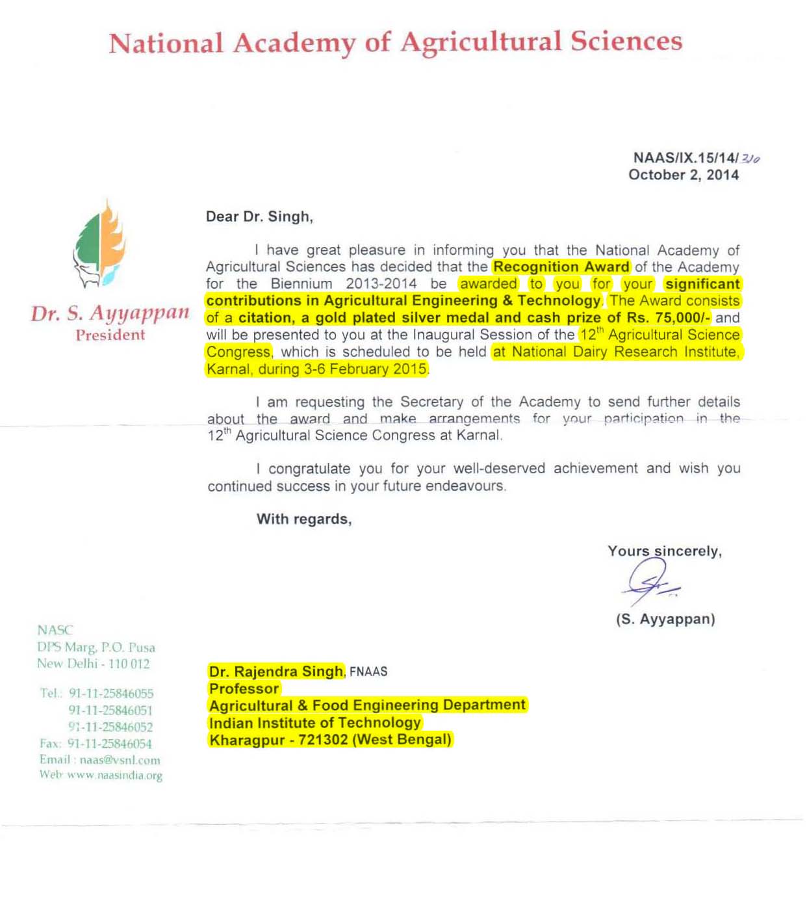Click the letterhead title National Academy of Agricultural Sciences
[x=395, y=43]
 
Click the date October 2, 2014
[x=683, y=175]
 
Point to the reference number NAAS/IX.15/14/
[x=685, y=158]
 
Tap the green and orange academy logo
[x=99, y=244]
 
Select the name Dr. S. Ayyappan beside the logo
[x=110, y=313]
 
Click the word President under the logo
[x=110, y=335]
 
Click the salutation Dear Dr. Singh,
[x=259, y=216]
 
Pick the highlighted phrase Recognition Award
[x=561, y=267]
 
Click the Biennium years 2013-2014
[x=381, y=283]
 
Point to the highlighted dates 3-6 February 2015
[x=366, y=369]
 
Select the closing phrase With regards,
[x=304, y=519]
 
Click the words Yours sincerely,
[x=665, y=551]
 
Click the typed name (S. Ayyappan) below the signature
[x=665, y=619]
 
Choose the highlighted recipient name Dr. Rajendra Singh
[x=276, y=672]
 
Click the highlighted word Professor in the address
[x=244, y=688]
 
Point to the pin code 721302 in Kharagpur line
[x=323, y=740]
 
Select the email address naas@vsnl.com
[x=120, y=760]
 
